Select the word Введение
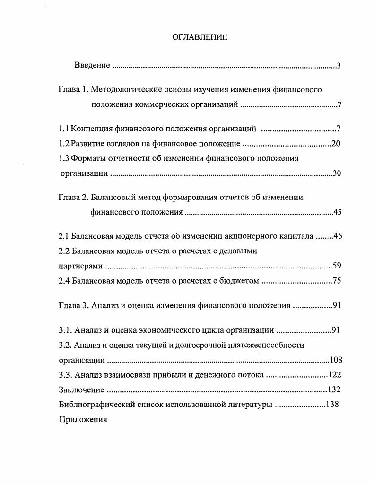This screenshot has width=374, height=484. [92, 65]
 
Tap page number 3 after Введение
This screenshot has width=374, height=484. [339, 66]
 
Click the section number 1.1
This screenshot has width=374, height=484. [64, 129]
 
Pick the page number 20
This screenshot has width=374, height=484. [336, 144]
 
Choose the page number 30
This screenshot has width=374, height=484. [337, 173]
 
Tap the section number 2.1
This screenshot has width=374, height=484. [64, 236]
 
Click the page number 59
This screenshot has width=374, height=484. [337, 266]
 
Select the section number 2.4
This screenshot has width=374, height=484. [64, 281]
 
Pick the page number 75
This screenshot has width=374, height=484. [337, 281]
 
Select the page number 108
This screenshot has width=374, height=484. [335, 360]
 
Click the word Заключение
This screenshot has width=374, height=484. [81, 390]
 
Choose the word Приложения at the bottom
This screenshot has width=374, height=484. [83, 419]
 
